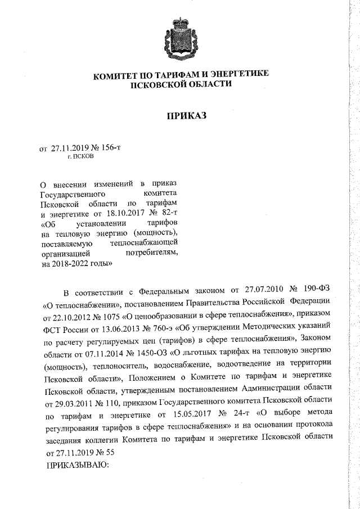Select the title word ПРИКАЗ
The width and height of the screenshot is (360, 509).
(x=179, y=116)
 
